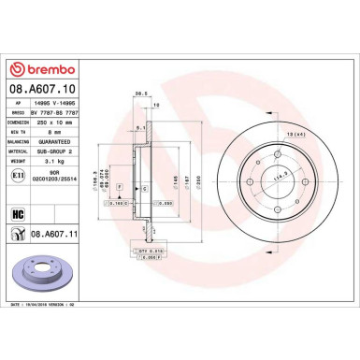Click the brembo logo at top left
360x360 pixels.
(x=38, y=68)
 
